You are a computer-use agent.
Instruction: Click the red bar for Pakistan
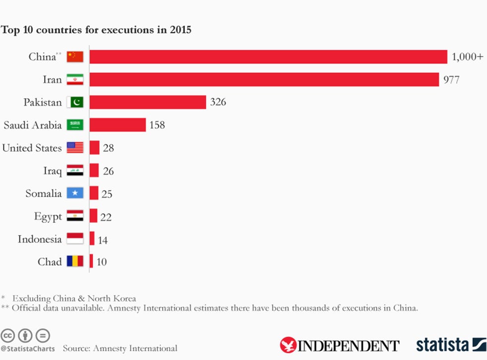pos(148,102)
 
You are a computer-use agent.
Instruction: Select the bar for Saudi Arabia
pos(118,125)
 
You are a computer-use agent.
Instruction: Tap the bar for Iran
pos(264,79)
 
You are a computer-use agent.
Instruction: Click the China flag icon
pos(75,57)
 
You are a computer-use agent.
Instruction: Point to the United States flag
pos(75,148)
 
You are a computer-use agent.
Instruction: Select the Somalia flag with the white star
pos(75,193)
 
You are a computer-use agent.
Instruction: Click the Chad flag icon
pos(75,261)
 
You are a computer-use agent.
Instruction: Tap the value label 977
pos(451,80)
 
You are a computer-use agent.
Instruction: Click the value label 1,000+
pos(467,57)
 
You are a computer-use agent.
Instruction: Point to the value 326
pos(218,103)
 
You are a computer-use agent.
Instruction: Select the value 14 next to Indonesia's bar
pos(102,240)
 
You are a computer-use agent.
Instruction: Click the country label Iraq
pos(52,171)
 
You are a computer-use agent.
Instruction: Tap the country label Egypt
pos(48,217)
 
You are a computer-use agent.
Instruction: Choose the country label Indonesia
pos(40,239)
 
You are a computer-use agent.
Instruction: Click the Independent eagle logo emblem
pos(288,345)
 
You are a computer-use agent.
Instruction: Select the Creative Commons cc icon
pos(7,335)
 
